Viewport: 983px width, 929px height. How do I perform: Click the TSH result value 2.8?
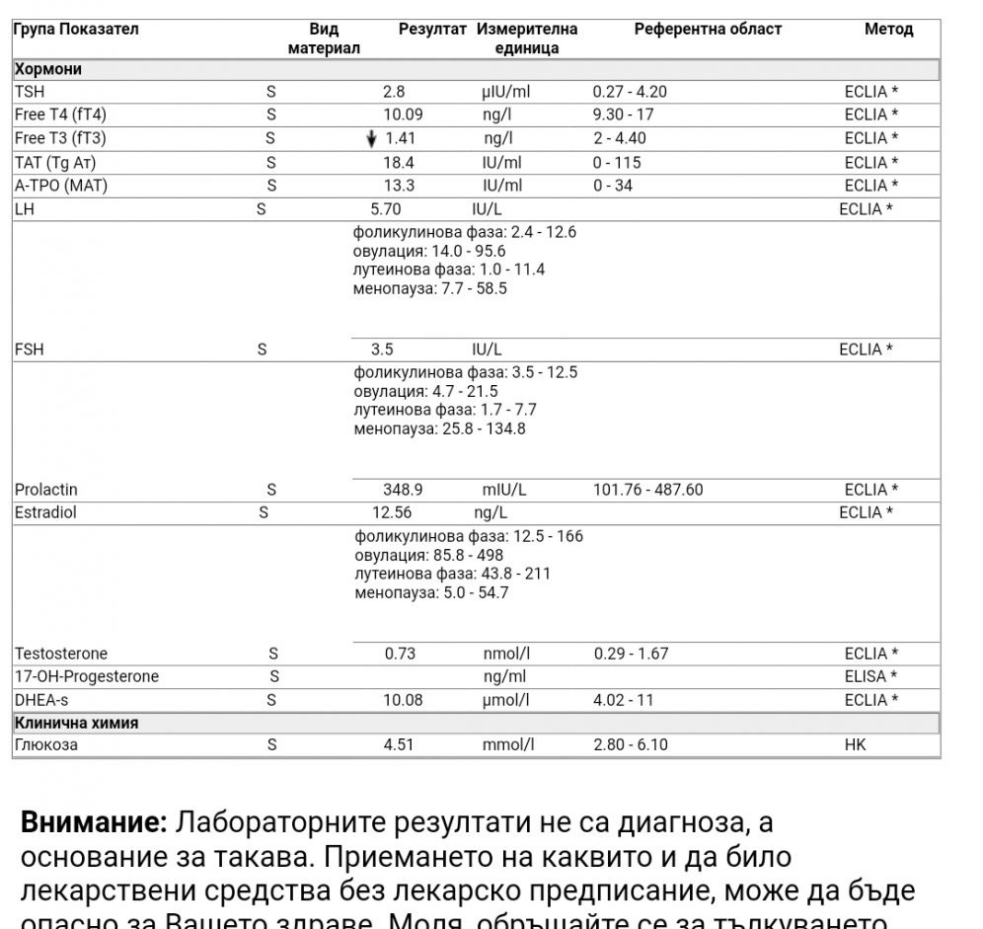(x=394, y=92)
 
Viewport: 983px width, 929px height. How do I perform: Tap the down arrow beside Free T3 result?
(x=371, y=139)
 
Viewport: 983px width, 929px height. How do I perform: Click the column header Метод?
(x=888, y=30)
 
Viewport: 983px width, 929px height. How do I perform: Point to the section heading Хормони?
(x=48, y=69)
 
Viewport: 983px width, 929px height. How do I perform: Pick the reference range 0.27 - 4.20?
(x=630, y=92)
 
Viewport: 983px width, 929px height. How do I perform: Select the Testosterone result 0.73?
(x=400, y=654)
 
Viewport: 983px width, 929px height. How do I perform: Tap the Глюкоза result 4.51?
(x=400, y=744)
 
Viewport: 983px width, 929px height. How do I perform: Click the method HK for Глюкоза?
(x=855, y=744)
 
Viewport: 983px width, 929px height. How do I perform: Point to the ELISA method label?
(x=870, y=676)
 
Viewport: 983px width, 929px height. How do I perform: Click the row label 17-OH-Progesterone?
(x=87, y=676)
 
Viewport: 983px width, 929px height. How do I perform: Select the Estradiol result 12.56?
(x=392, y=512)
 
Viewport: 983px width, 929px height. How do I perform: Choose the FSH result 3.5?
(x=382, y=349)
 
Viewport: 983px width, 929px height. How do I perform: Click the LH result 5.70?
(x=386, y=209)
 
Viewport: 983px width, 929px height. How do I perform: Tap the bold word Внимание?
(x=94, y=822)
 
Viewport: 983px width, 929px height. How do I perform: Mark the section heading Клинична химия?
(x=76, y=723)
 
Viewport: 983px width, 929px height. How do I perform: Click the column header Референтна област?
(x=708, y=30)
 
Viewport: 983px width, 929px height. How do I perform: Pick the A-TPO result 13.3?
(x=398, y=186)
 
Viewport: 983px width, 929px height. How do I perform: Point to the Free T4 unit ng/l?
(x=496, y=115)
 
